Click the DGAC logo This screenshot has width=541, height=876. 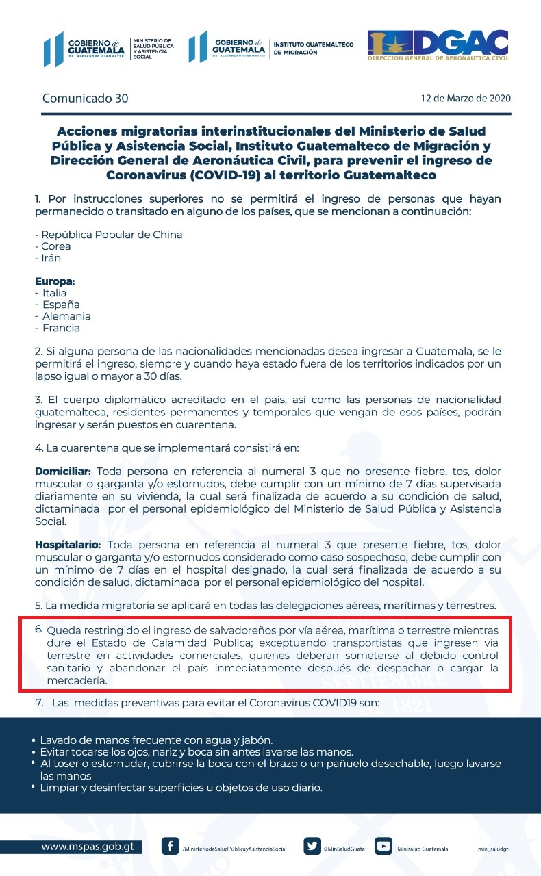point(438,46)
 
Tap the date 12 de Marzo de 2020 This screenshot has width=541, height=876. point(466,99)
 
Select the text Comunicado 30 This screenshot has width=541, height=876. point(85,98)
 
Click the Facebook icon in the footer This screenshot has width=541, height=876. point(170,847)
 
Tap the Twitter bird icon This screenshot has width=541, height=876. point(312,847)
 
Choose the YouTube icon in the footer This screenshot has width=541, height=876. point(384,847)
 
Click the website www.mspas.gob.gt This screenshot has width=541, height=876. point(87,847)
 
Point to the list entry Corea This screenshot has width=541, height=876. point(55,246)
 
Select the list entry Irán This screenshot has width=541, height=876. point(50,258)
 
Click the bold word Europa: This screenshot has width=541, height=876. point(55,281)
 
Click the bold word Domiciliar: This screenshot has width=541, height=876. point(62,472)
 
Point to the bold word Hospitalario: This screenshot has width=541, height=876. point(68,544)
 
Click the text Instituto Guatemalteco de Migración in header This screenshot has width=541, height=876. point(313,48)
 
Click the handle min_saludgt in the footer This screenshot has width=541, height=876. point(492,849)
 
